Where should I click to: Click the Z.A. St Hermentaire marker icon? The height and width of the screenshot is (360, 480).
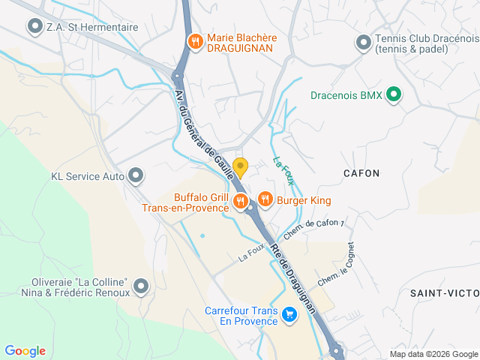tap(34, 27)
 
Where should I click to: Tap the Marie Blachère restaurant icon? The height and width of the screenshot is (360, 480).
tap(195, 40)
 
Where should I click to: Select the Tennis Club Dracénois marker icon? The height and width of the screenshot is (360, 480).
tap(364, 42)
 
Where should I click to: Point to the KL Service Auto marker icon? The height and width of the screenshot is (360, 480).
tap(136, 176)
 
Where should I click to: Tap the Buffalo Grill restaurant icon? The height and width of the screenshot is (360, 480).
tap(241, 200)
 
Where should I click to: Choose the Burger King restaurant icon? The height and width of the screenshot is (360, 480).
tap(265, 199)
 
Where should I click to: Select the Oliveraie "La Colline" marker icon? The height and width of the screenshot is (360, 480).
tap(139, 286)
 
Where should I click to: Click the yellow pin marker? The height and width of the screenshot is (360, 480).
tap(240, 166)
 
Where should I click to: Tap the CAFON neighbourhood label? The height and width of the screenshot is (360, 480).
tap(361, 173)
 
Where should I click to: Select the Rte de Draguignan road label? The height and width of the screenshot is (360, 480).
tap(293, 278)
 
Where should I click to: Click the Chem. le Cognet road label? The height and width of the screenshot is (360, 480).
tap(336, 263)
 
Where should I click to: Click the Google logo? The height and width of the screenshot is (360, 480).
tap(25, 351)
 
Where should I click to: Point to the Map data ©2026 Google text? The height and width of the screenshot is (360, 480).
tap(433, 354)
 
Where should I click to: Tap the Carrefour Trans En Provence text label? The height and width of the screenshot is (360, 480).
tap(241, 316)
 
